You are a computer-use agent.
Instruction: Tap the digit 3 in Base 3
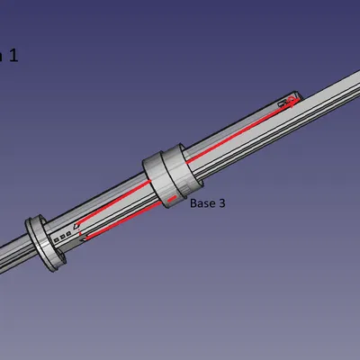tap(220, 204)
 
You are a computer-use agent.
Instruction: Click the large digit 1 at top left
tap(13, 56)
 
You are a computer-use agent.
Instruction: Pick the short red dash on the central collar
tap(166, 195)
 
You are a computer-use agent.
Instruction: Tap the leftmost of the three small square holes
tap(58, 240)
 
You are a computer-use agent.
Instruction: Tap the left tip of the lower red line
tap(84, 239)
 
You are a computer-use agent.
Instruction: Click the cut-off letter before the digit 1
tap(2, 57)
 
